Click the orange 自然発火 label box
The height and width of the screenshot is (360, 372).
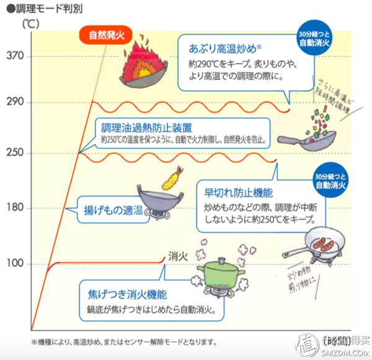106,35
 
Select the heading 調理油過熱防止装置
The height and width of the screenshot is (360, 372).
143,127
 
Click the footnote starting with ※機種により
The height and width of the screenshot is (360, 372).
124,342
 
